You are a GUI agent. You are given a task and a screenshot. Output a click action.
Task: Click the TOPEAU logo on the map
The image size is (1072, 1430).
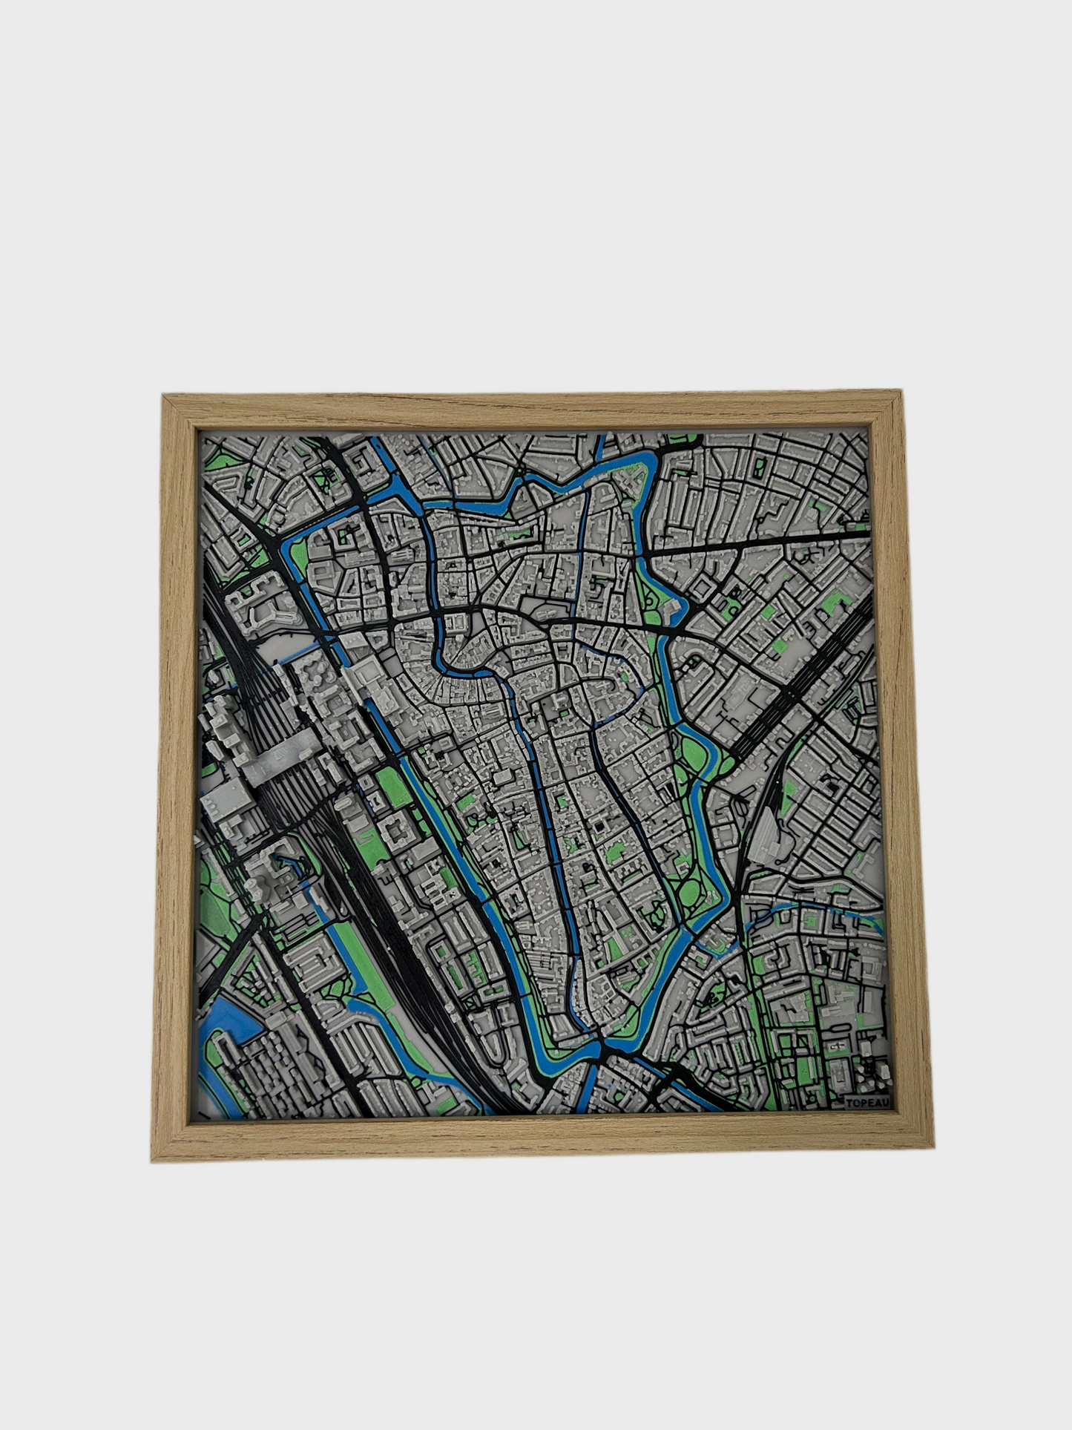point(869,1103)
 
